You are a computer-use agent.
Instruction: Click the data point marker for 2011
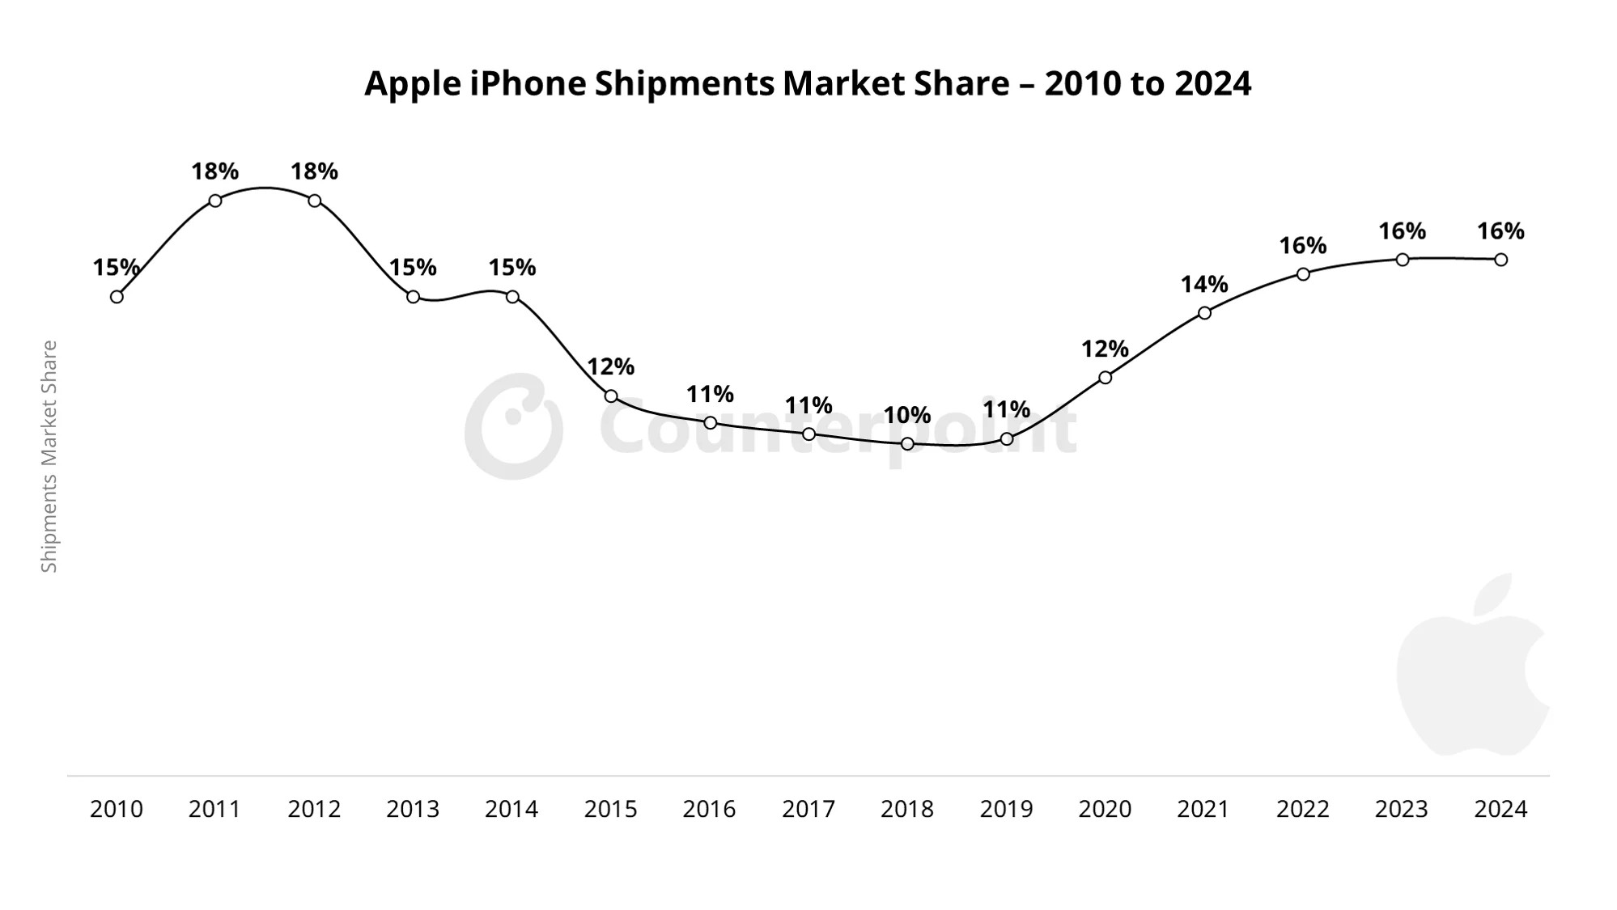click(215, 201)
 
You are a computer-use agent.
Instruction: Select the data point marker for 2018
click(907, 443)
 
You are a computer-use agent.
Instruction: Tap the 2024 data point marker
click(1500, 260)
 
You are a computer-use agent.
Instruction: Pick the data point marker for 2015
click(611, 396)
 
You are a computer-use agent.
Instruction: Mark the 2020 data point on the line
click(1105, 378)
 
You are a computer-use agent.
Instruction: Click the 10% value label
click(907, 415)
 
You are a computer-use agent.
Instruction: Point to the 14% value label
click(1204, 284)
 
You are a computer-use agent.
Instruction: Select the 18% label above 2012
click(314, 171)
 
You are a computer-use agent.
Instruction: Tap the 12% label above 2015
click(611, 366)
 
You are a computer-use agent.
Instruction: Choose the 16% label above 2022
click(1303, 245)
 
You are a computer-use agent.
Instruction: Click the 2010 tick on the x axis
click(117, 809)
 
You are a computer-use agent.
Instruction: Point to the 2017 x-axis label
click(808, 809)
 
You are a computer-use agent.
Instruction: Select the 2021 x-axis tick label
click(1203, 809)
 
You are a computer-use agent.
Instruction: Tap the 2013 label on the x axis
click(413, 809)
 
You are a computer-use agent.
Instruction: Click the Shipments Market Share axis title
click(49, 456)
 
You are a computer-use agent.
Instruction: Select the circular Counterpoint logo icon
click(513, 426)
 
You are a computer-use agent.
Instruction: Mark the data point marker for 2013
click(413, 297)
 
